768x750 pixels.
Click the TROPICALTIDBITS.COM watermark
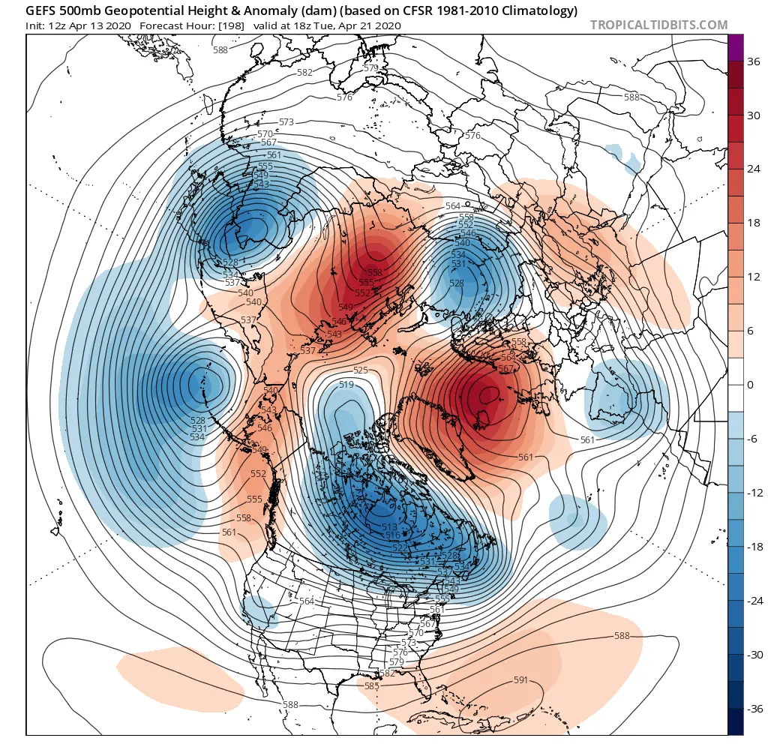coord(658,25)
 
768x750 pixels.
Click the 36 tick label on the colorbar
coord(751,62)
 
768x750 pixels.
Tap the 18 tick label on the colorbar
coord(751,223)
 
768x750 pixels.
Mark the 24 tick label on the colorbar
coord(751,169)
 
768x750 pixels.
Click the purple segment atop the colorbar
coord(736,47)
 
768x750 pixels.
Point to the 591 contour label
coord(521,680)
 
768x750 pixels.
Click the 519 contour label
coord(346,385)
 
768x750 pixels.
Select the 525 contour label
coord(361,370)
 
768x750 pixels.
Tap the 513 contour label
coord(389,527)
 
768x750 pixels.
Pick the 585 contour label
coord(370,686)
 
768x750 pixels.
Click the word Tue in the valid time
coord(334,25)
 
